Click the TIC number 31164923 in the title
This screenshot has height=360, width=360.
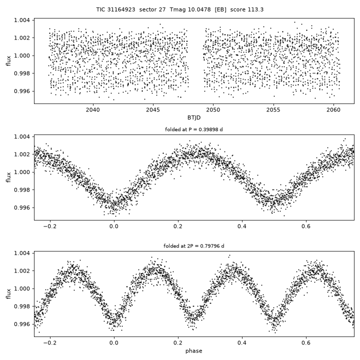[x=121, y=9]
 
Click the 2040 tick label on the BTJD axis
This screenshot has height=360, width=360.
[x=93, y=110]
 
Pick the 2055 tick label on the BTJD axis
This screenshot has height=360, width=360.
[x=273, y=110]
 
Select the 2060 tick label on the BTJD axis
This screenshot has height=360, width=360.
[x=333, y=110]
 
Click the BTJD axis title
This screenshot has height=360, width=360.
[x=194, y=118]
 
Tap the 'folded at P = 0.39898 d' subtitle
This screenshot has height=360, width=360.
[x=194, y=129]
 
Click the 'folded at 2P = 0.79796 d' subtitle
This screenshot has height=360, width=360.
[x=194, y=246]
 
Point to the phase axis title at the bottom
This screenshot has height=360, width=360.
[x=194, y=351]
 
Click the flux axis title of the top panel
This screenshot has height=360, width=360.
[x=8, y=61]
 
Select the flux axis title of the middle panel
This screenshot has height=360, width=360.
[x=8, y=177]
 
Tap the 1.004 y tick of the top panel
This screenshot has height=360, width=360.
[x=22, y=20]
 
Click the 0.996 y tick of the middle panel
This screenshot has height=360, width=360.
[x=22, y=208]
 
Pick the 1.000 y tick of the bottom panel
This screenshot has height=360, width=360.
[x=22, y=288]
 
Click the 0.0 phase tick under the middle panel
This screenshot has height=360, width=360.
[x=114, y=226]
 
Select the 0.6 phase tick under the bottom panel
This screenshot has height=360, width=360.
[x=306, y=343]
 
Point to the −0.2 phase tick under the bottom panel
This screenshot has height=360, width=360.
[x=50, y=343]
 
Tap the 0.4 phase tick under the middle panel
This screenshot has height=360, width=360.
[x=242, y=226]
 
